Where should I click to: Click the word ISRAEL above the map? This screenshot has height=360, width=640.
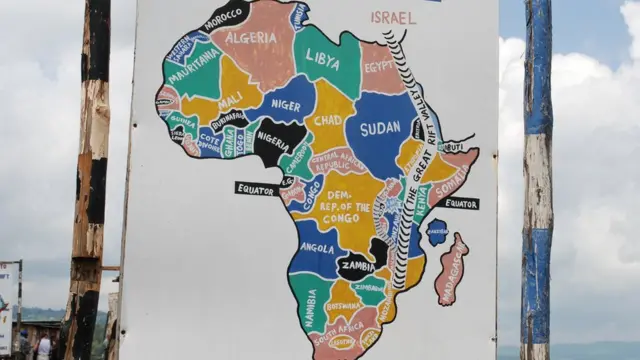point(393,17)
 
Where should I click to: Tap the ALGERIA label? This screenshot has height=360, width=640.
point(251,38)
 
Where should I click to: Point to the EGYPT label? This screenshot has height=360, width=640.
point(380,66)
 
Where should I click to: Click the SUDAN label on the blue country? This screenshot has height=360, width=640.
point(380,129)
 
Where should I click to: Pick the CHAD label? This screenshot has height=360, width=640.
point(328,119)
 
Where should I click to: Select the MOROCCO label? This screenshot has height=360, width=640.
point(225,17)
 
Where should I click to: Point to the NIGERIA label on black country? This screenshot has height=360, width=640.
point(273,141)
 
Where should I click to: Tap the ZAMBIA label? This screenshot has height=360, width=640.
point(357,268)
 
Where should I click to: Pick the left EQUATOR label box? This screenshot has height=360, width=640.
point(256,188)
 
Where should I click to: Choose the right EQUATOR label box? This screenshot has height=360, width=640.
point(459,203)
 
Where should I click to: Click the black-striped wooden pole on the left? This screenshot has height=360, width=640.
point(88,180)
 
